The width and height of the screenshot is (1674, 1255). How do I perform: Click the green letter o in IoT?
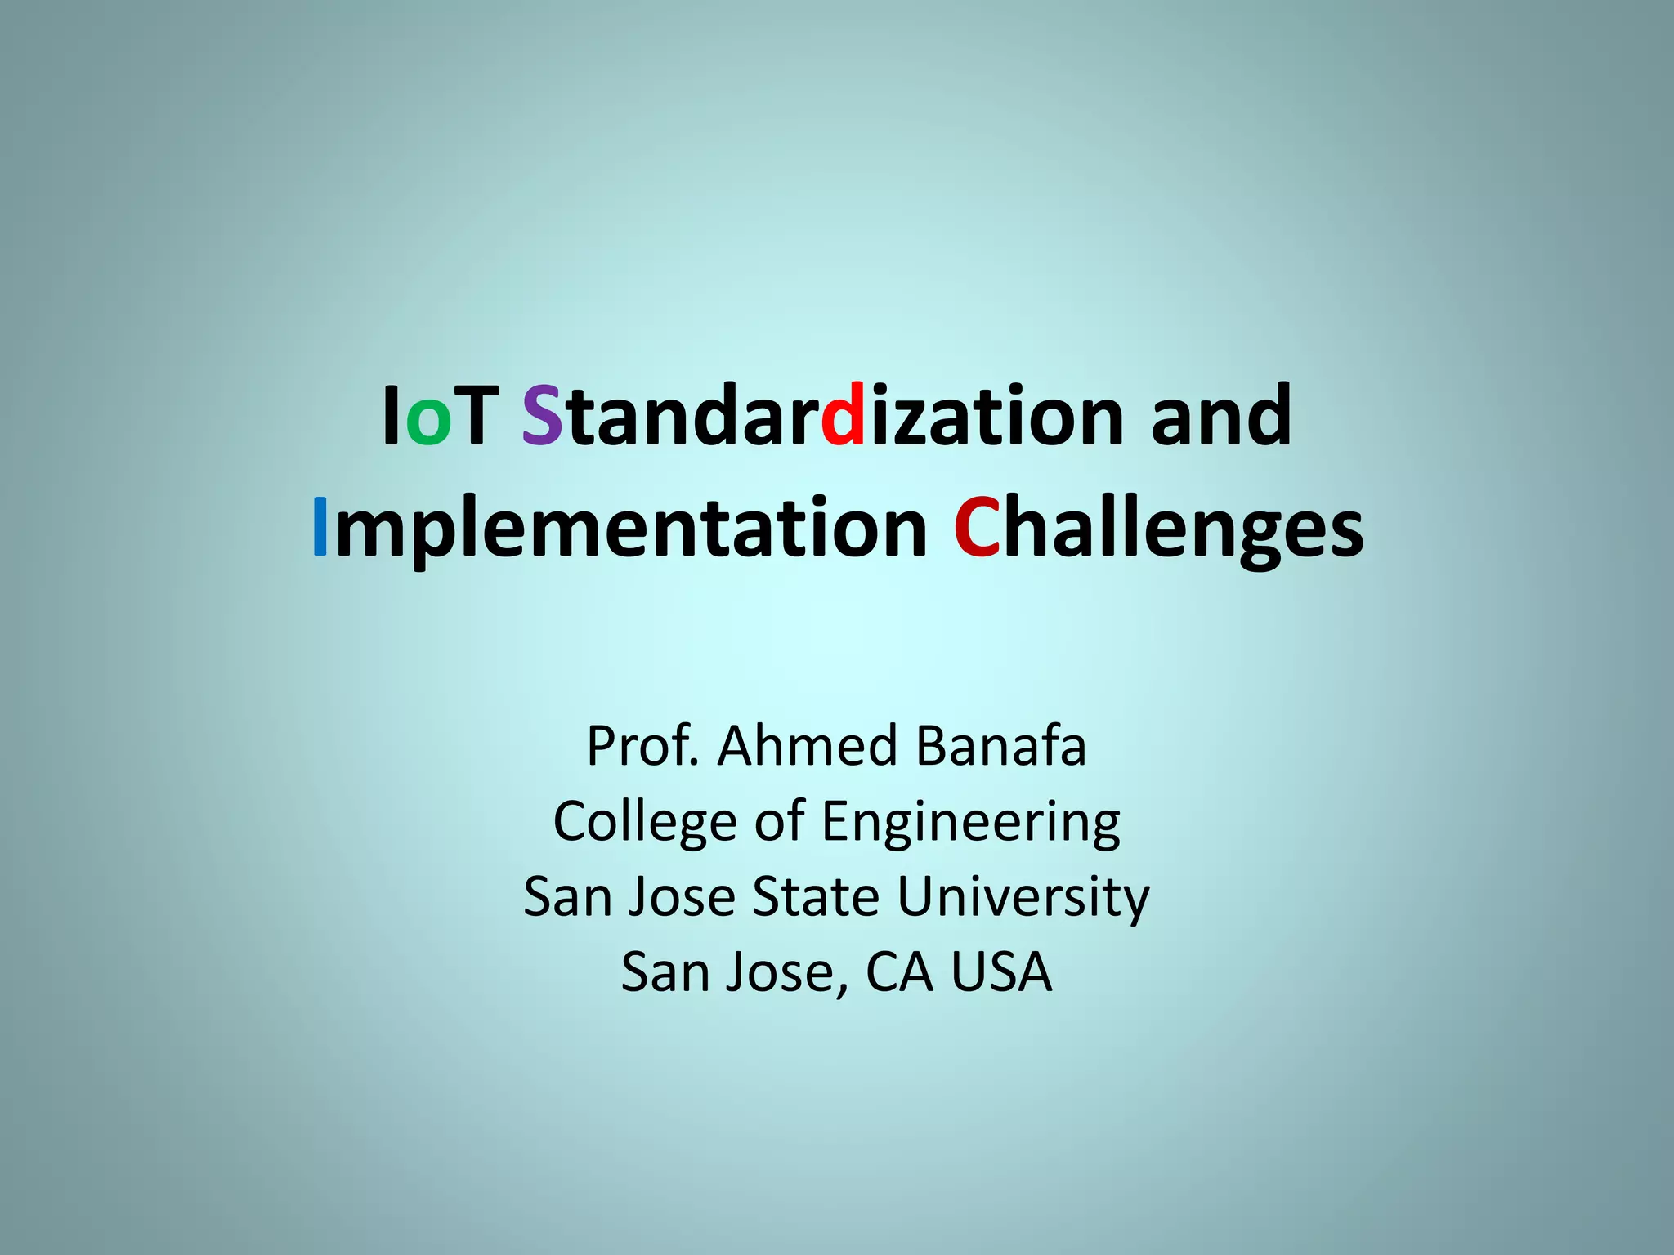(x=428, y=422)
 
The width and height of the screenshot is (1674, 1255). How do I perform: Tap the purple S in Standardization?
(x=542, y=416)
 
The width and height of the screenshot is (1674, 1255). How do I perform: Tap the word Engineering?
(x=971, y=822)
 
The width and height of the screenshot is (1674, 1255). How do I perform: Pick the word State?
(x=816, y=896)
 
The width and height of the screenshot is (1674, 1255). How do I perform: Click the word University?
(x=1023, y=898)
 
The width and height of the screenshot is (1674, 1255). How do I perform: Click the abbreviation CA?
(x=899, y=972)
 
